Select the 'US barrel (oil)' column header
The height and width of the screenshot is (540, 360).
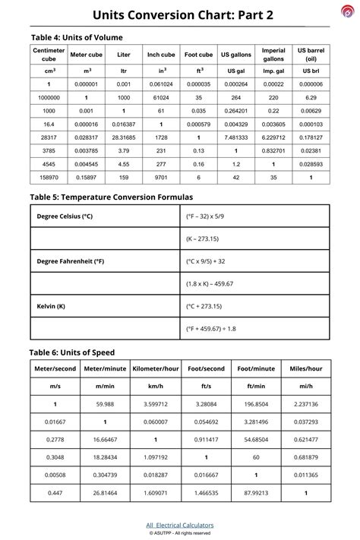pos(311,55)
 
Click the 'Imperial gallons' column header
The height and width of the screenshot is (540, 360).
pos(273,55)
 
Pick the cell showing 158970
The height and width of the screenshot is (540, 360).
pos(49,177)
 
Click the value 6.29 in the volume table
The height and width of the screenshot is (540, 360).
pos(311,98)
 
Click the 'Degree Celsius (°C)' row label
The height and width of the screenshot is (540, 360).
pos(65,216)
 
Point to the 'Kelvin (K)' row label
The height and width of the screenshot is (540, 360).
pos(51,306)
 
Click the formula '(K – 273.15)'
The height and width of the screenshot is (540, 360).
pos(204,238)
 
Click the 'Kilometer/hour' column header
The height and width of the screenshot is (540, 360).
pos(156,368)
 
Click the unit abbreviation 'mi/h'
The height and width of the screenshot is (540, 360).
pos(305,387)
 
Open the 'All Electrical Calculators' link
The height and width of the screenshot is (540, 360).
pos(180,525)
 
